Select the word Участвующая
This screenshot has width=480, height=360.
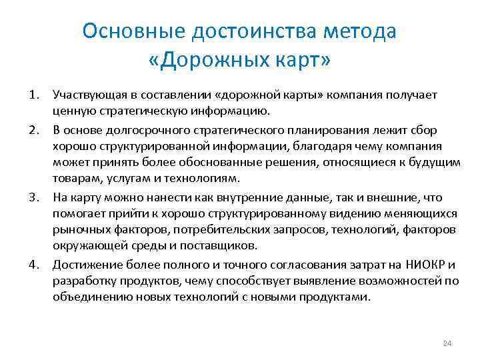tap(87, 95)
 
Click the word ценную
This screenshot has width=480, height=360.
tap(71, 111)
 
